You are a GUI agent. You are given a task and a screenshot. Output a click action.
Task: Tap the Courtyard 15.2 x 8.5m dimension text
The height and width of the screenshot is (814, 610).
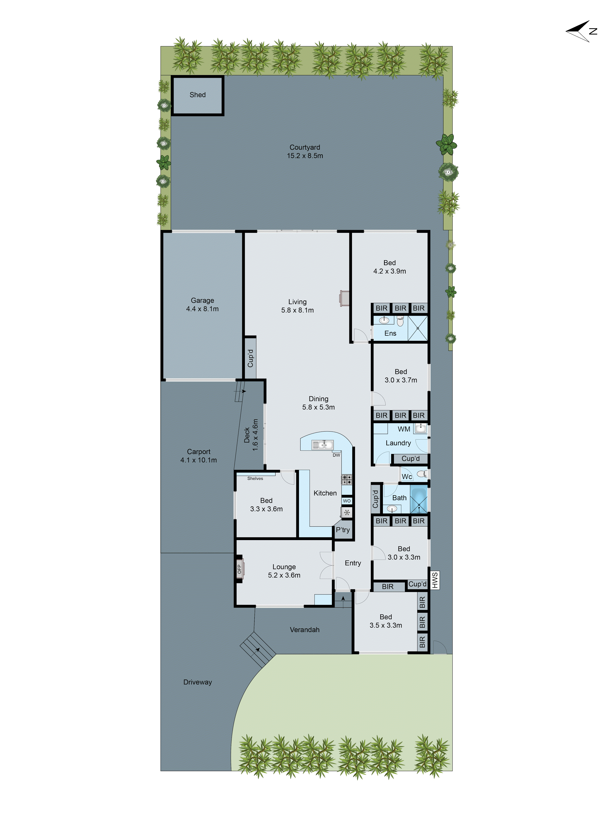(305, 156)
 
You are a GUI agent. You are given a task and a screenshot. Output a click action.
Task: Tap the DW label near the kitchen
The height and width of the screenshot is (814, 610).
(336, 455)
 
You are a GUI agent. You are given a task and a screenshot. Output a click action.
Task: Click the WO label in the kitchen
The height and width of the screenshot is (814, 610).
(347, 501)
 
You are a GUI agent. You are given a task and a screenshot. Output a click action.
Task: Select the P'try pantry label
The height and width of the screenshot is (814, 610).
(343, 530)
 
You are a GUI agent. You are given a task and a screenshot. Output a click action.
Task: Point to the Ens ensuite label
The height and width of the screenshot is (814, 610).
(390, 333)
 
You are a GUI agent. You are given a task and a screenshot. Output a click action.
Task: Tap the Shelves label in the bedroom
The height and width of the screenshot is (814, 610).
(255, 478)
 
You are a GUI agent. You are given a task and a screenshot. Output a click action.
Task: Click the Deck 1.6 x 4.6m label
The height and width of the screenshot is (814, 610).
(251, 435)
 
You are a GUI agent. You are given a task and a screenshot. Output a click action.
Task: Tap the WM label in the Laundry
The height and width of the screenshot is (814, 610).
(404, 429)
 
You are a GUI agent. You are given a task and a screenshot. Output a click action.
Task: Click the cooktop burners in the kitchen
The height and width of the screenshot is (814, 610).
(347, 479)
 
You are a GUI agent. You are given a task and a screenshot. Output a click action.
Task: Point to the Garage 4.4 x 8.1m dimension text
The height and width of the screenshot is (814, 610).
(202, 309)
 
